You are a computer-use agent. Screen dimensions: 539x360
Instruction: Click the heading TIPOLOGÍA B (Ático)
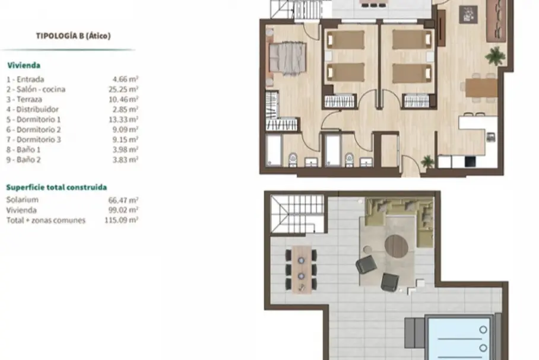(x=73, y=36)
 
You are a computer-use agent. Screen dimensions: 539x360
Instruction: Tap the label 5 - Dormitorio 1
(x=34, y=120)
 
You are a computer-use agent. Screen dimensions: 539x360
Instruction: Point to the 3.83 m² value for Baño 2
(x=125, y=160)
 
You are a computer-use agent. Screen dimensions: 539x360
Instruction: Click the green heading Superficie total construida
(x=56, y=187)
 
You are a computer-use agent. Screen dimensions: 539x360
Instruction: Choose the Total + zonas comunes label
(x=46, y=220)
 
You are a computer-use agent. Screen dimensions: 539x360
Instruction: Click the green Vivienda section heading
(x=24, y=65)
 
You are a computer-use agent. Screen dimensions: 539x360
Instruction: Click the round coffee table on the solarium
(x=397, y=246)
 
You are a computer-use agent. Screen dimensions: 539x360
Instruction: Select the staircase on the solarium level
(x=297, y=214)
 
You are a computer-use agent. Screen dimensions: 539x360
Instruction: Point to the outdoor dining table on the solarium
(x=302, y=269)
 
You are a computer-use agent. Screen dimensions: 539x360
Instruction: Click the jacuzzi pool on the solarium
(x=459, y=339)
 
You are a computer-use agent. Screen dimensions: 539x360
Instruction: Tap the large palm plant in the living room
(x=495, y=55)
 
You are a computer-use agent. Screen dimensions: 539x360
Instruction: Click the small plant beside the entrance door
(x=427, y=161)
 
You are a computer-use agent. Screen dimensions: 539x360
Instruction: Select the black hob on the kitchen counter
(x=470, y=161)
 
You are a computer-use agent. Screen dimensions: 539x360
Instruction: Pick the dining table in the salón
(x=481, y=88)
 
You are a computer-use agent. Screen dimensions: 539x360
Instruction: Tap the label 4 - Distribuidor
(x=32, y=110)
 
